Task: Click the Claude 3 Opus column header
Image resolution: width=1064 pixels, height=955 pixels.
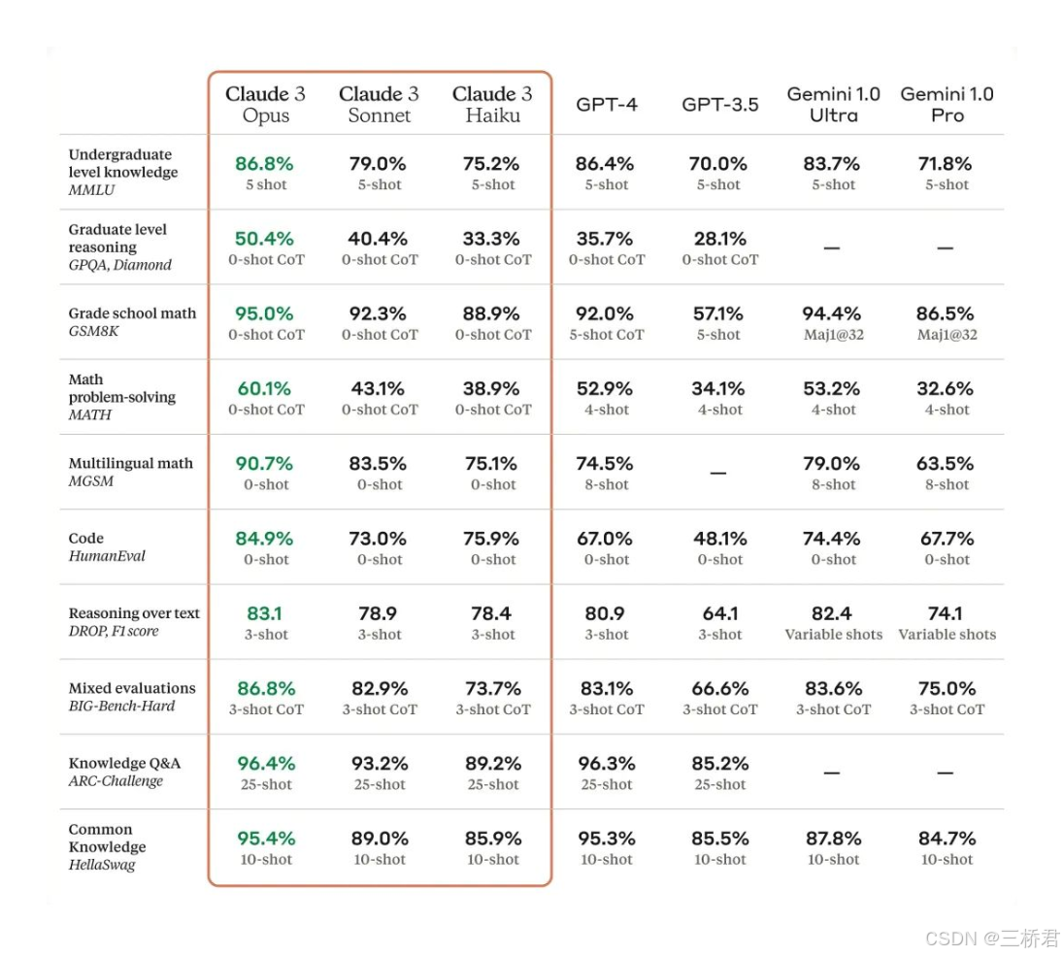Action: pos(265,105)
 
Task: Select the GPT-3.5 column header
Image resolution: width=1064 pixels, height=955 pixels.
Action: pos(719,105)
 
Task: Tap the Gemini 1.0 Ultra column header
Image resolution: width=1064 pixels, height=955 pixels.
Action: pos(833,105)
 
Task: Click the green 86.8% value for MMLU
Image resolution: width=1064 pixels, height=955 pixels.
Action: pos(264,164)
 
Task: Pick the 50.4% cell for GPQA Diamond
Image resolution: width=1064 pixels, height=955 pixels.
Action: pos(264,239)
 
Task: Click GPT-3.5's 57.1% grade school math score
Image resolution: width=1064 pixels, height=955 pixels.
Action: pos(719,313)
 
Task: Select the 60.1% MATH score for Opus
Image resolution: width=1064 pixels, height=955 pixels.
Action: pos(264,388)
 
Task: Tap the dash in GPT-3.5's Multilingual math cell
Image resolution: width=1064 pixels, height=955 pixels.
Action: pos(718,473)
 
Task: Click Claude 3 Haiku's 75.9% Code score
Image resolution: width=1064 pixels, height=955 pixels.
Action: pos(492,539)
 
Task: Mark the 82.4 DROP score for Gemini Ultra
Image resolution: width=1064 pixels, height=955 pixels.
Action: pos(833,613)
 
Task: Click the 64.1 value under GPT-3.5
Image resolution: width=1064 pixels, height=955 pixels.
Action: pos(719,613)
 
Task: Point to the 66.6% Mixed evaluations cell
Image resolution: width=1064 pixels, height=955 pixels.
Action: pos(719,688)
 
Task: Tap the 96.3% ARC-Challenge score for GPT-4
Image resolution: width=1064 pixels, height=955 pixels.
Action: pos(606,764)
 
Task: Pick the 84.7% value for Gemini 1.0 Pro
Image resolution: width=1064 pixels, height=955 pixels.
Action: pos(947,839)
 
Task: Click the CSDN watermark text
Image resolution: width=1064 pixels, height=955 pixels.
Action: pos(992,938)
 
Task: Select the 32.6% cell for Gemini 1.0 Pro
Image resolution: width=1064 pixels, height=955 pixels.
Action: pos(947,388)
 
